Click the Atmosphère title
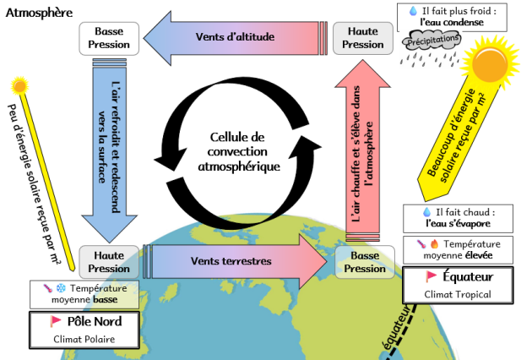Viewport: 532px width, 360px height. coord(39,13)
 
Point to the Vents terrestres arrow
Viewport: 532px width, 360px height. coord(232,261)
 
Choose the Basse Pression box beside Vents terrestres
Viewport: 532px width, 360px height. coord(365,262)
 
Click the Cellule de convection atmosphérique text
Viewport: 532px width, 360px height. coord(238,152)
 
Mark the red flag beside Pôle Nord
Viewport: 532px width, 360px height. coord(57,321)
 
